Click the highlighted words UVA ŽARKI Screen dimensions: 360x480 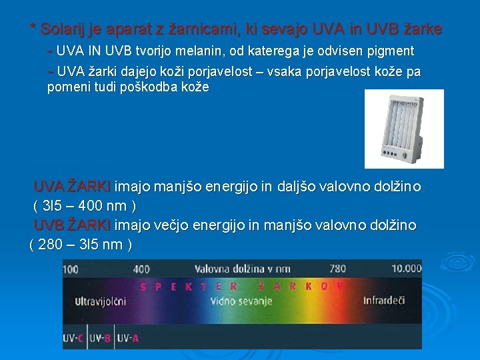pos(73,186)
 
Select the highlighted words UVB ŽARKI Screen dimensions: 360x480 pos(73,225)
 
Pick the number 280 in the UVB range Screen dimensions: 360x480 pos(53,245)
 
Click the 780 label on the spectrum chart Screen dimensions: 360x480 pos(338,269)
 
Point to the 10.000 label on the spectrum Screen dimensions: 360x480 pos(406,269)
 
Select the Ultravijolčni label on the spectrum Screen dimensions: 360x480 pos(100,301)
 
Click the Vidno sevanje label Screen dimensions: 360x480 pos(241,301)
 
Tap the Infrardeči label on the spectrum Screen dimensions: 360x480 pos(384,301)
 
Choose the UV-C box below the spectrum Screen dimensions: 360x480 pos(74,338)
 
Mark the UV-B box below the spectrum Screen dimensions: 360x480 pos(101,338)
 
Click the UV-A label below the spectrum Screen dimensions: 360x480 pos(129,338)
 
